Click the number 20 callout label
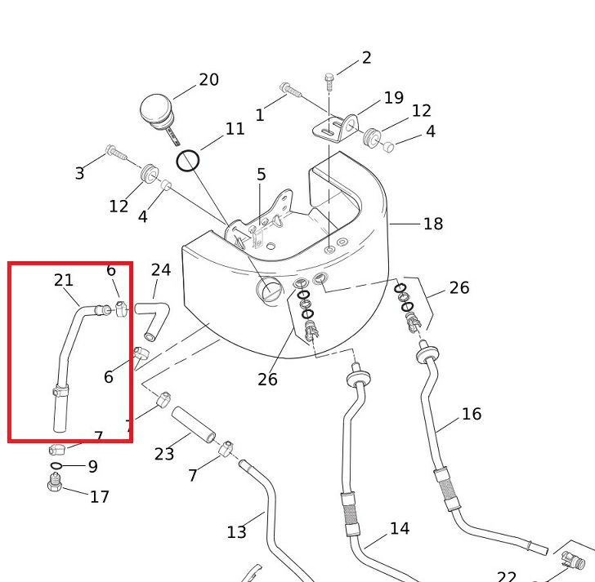pos(208,79)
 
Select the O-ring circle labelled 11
pos(188,160)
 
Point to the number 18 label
pos(432,224)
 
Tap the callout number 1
pos(260,115)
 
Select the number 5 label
pos(261,174)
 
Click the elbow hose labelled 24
pos(152,316)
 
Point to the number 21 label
pos(64,280)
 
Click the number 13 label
pos(236,532)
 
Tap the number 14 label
pos(399,529)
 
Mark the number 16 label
pos(471,414)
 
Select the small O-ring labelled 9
pos(55,467)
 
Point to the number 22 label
pos(507,576)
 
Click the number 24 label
pos(161,270)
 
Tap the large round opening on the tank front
pos(269,290)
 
